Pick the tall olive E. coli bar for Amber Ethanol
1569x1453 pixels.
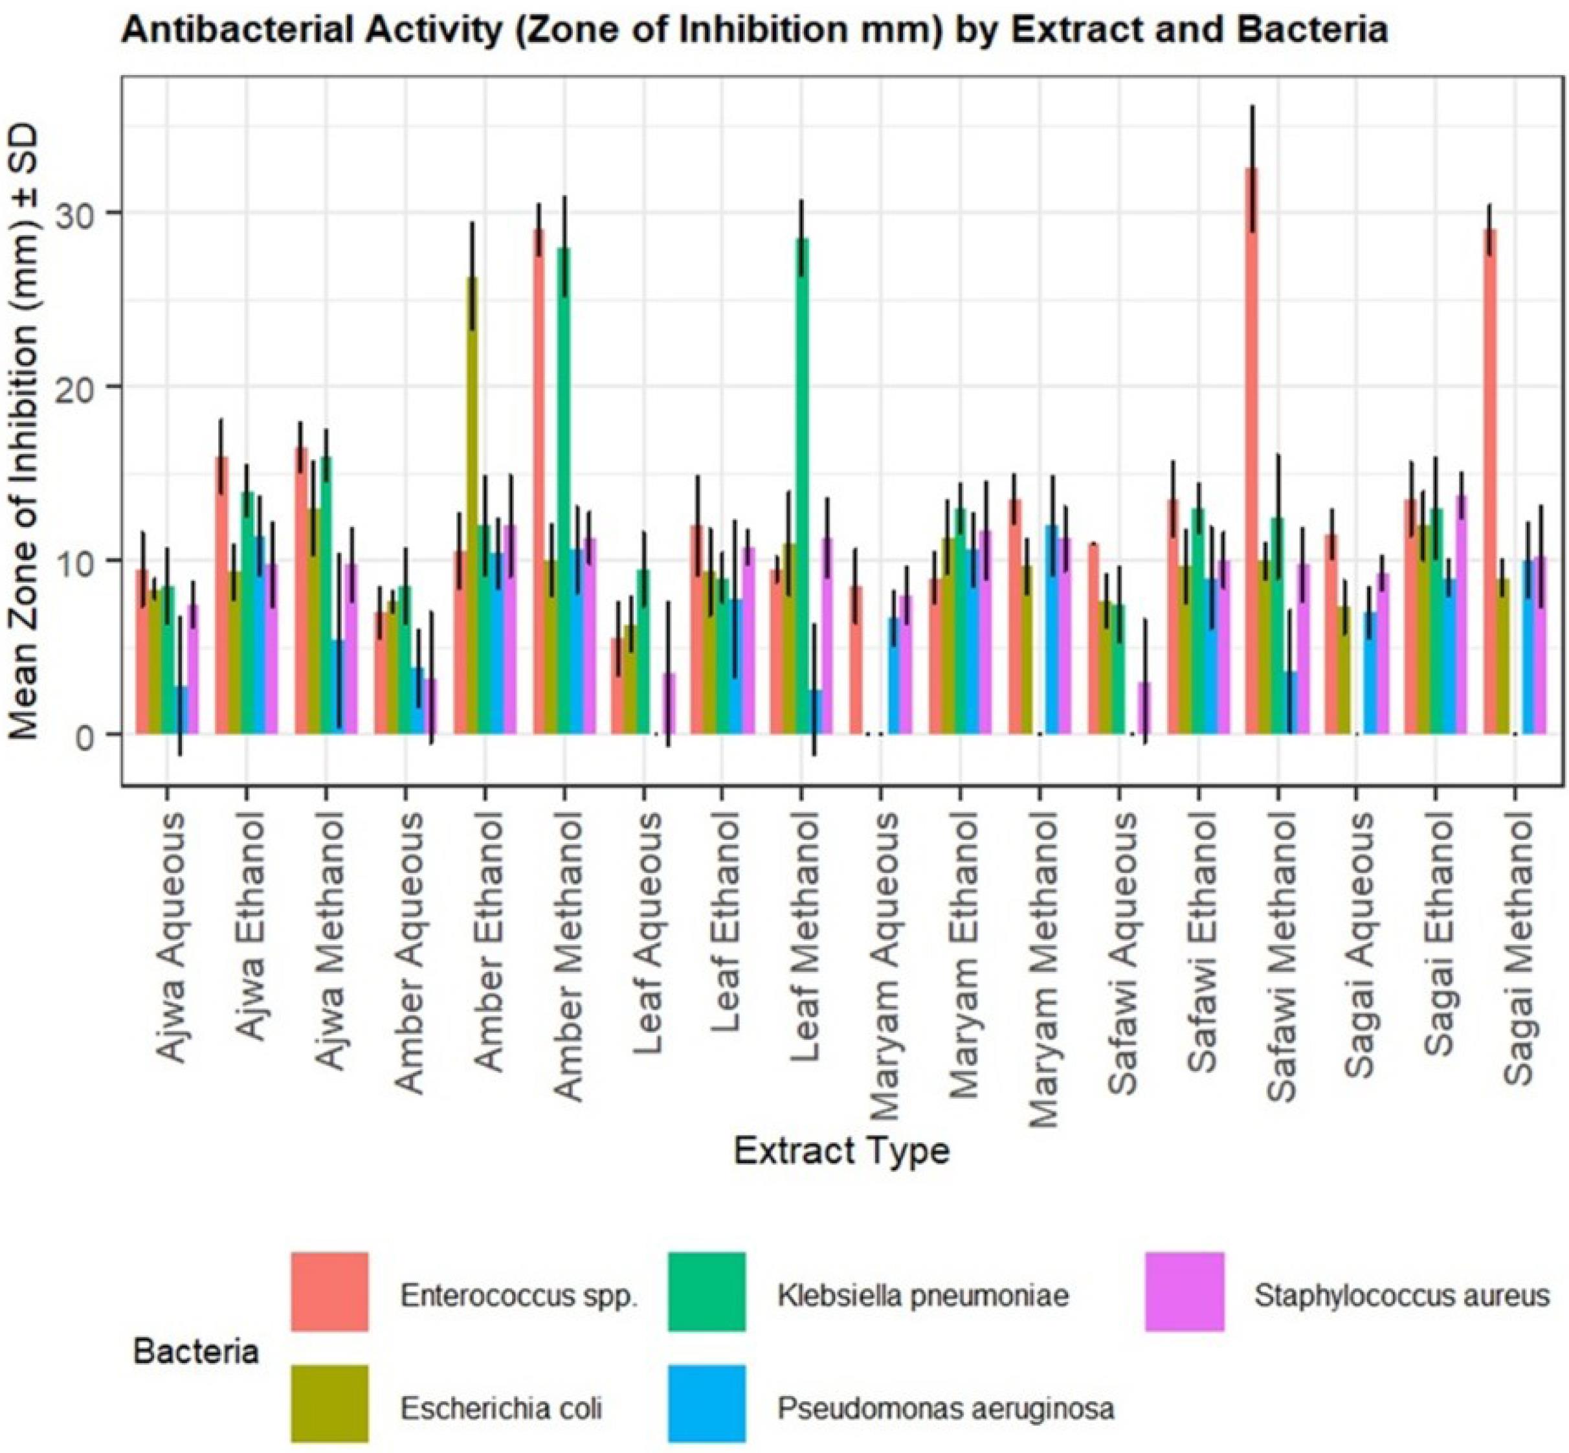point(472,506)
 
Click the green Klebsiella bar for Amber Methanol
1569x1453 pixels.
point(564,491)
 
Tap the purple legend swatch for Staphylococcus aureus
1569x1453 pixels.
point(1184,1292)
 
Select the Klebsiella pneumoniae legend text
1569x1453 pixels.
point(923,1296)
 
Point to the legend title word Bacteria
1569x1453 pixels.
point(195,1351)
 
